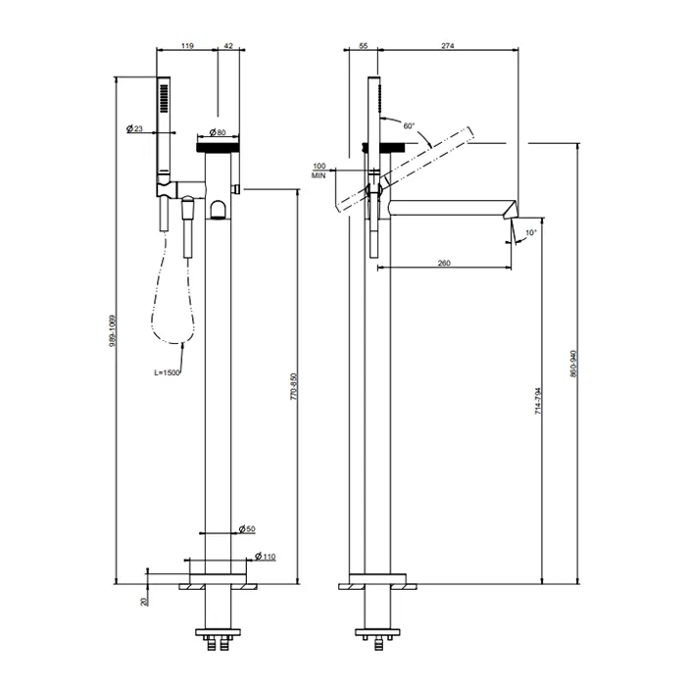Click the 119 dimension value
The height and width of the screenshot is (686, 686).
(x=187, y=45)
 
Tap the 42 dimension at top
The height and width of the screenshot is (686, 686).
(x=228, y=45)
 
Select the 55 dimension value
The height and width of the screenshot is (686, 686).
(x=364, y=45)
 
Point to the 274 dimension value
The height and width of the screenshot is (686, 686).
(x=448, y=45)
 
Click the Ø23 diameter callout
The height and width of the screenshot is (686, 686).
(x=134, y=128)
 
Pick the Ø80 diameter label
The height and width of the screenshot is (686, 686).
(x=218, y=132)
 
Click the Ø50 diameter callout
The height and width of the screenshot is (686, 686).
(x=247, y=529)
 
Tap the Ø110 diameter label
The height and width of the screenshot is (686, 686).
(x=266, y=557)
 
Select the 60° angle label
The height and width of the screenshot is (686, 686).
(x=409, y=126)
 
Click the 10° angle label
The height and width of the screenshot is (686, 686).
(x=530, y=233)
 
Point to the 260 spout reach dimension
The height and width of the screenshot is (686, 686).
(x=444, y=263)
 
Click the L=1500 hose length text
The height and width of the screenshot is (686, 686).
(x=167, y=372)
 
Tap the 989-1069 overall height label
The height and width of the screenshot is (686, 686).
(x=113, y=331)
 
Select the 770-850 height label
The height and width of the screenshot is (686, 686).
(x=294, y=386)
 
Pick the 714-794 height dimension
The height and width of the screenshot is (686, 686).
(x=538, y=401)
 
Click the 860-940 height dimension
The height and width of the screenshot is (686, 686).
(x=574, y=364)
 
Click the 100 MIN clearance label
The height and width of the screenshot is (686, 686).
(x=319, y=171)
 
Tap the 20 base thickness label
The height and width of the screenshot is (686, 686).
(x=145, y=602)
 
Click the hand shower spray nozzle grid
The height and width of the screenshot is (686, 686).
(x=164, y=99)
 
